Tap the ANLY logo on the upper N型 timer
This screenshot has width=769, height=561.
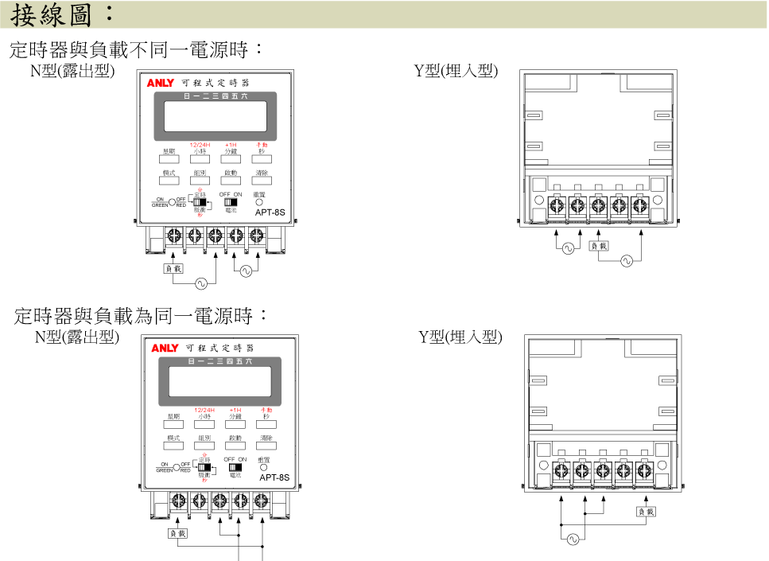160,83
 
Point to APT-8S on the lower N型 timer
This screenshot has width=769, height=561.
274,478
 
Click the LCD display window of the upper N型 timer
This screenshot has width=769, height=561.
215,116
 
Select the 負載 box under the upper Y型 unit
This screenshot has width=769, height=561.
599,246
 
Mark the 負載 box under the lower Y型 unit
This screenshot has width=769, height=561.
646,512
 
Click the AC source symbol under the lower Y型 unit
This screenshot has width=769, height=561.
573,539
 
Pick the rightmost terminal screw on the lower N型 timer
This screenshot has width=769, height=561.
261,501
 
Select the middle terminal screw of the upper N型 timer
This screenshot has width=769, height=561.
215,236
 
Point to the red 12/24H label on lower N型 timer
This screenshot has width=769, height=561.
205,409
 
